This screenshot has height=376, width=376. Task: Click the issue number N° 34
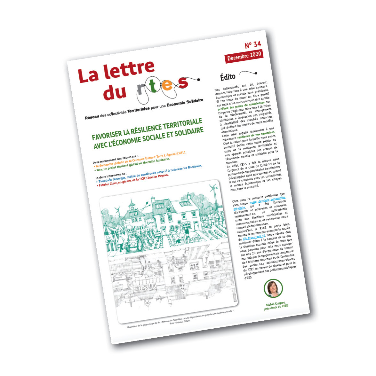(x=253, y=44)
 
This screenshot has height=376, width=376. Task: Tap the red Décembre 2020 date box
(x=244, y=56)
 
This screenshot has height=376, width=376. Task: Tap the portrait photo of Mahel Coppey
(x=273, y=288)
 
